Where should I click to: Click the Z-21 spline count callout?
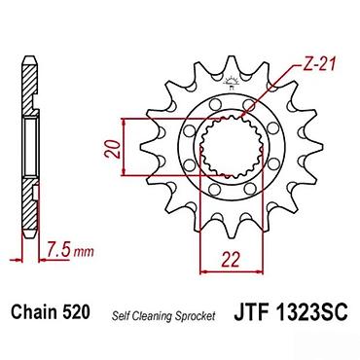(316, 65)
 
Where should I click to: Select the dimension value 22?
(231, 259)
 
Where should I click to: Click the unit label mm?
(84, 251)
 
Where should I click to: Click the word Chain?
(33, 311)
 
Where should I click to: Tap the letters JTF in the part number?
(251, 311)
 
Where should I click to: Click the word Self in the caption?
(119, 315)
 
